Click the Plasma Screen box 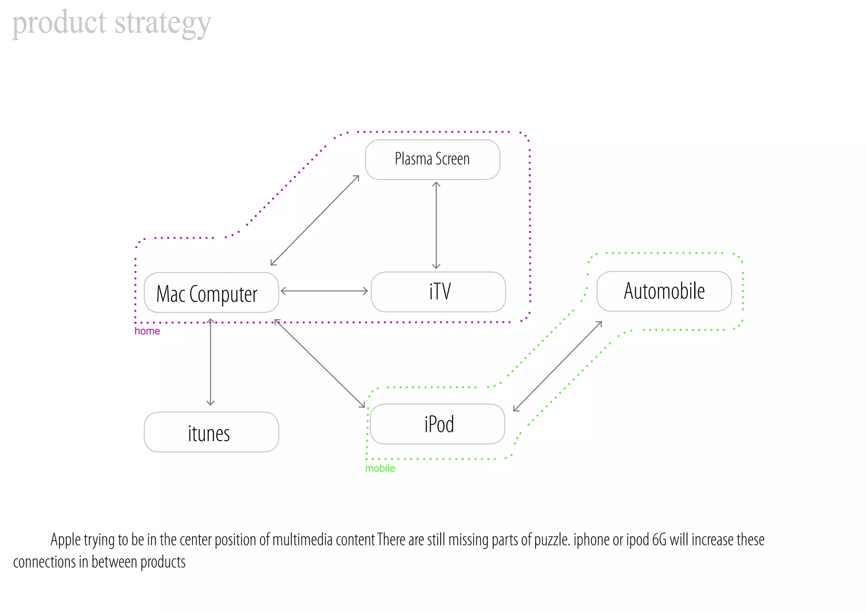tap(432, 160)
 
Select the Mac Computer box tap(211, 293)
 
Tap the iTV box tap(438, 292)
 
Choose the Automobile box tap(664, 291)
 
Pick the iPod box tap(437, 424)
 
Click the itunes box tap(211, 432)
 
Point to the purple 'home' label tap(147, 331)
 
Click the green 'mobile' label tap(380, 468)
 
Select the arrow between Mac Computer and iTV tap(324, 291)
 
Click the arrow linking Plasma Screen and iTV tap(436, 225)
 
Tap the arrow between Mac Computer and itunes tap(210, 362)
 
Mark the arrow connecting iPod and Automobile tap(557, 366)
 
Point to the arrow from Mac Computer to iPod tap(320, 363)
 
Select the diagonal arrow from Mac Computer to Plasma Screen tap(315, 220)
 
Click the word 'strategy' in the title tap(163, 23)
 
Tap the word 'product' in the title tap(59, 23)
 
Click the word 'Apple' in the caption tap(65, 540)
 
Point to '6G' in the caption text tap(659, 540)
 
